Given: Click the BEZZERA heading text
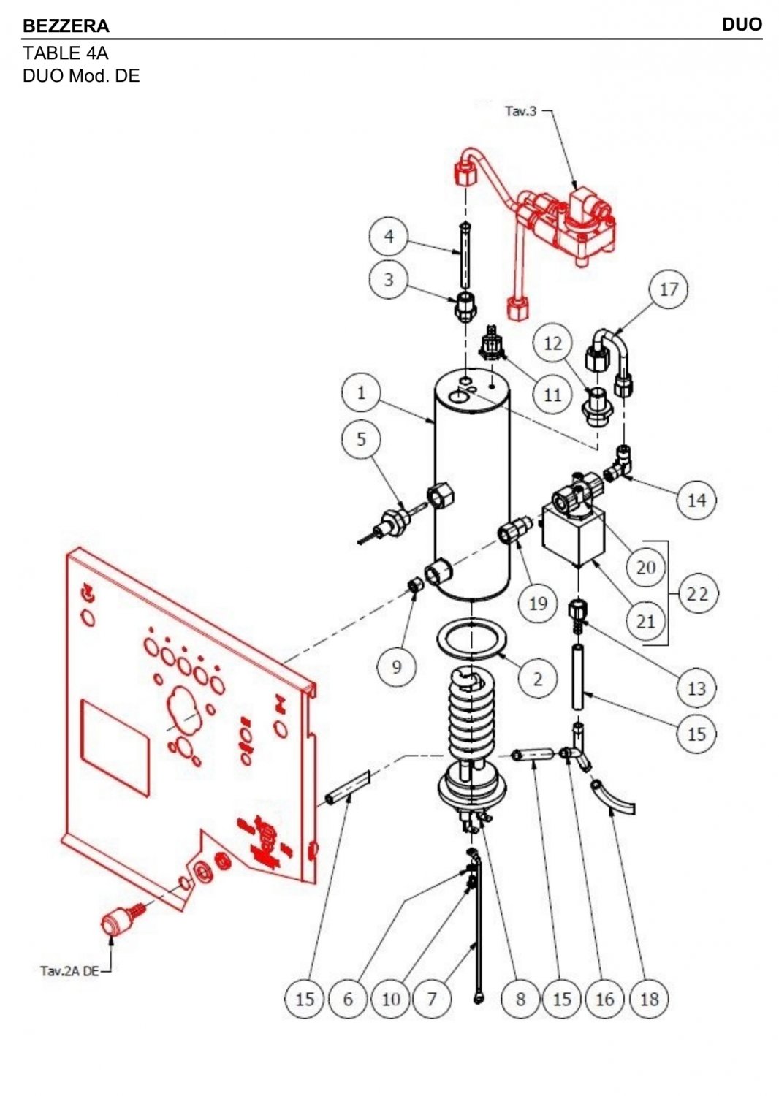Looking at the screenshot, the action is click(x=66, y=26).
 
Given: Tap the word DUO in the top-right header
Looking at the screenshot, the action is click(x=742, y=24).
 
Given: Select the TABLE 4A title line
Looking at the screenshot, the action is click(x=66, y=53).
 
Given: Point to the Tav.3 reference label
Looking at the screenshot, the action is click(x=520, y=112).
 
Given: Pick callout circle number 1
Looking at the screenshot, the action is click(x=361, y=393).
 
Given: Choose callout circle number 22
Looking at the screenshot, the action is click(x=697, y=594).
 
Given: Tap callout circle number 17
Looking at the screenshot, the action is click(x=669, y=289).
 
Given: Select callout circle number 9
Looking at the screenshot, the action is click(x=397, y=666).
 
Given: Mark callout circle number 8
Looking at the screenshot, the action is click(x=520, y=1000).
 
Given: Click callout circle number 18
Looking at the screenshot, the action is click(x=649, y=1000).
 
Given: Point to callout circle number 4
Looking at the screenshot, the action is click(x=389, y=236).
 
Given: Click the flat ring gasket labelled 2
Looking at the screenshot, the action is click(x=471, y=641).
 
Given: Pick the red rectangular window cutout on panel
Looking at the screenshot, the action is click(x=115, y=748).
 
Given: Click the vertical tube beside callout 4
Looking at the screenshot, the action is click(x=465, y=257).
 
